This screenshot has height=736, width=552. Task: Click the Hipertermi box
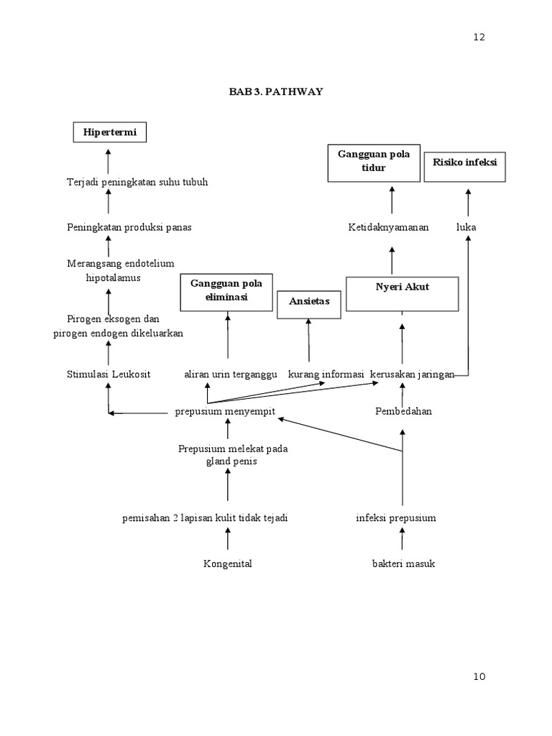click(x=109, y=133)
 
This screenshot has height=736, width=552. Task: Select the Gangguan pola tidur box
click(x=373, y=162)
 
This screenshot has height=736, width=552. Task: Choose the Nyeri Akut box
click(x=402, y=294)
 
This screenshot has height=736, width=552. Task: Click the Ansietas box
click(x=309, y=304)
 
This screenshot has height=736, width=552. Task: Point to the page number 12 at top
click(x=479, y=37)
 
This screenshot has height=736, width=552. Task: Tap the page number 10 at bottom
click(x=479, y=676)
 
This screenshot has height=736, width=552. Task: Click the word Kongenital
click(x=227, y=564)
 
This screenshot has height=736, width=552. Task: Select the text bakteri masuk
click(x=402, y=564)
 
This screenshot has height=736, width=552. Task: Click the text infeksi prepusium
click(x=395, y=518)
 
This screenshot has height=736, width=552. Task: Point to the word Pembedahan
click(x=403, y=412)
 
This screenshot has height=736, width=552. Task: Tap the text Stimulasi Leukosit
click(x=109, y=374)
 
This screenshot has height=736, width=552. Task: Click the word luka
click(x=466, y=227)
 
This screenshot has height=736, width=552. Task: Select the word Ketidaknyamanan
click(x=388, y=227)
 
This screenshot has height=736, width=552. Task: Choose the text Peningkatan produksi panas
click(x=129, y=227)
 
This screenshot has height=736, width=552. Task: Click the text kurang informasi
click(x=326, y=374)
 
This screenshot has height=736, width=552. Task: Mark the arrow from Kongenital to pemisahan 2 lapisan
click(x=228, y=539)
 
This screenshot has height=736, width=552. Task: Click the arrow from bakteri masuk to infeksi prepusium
click(x=402, y=539)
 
